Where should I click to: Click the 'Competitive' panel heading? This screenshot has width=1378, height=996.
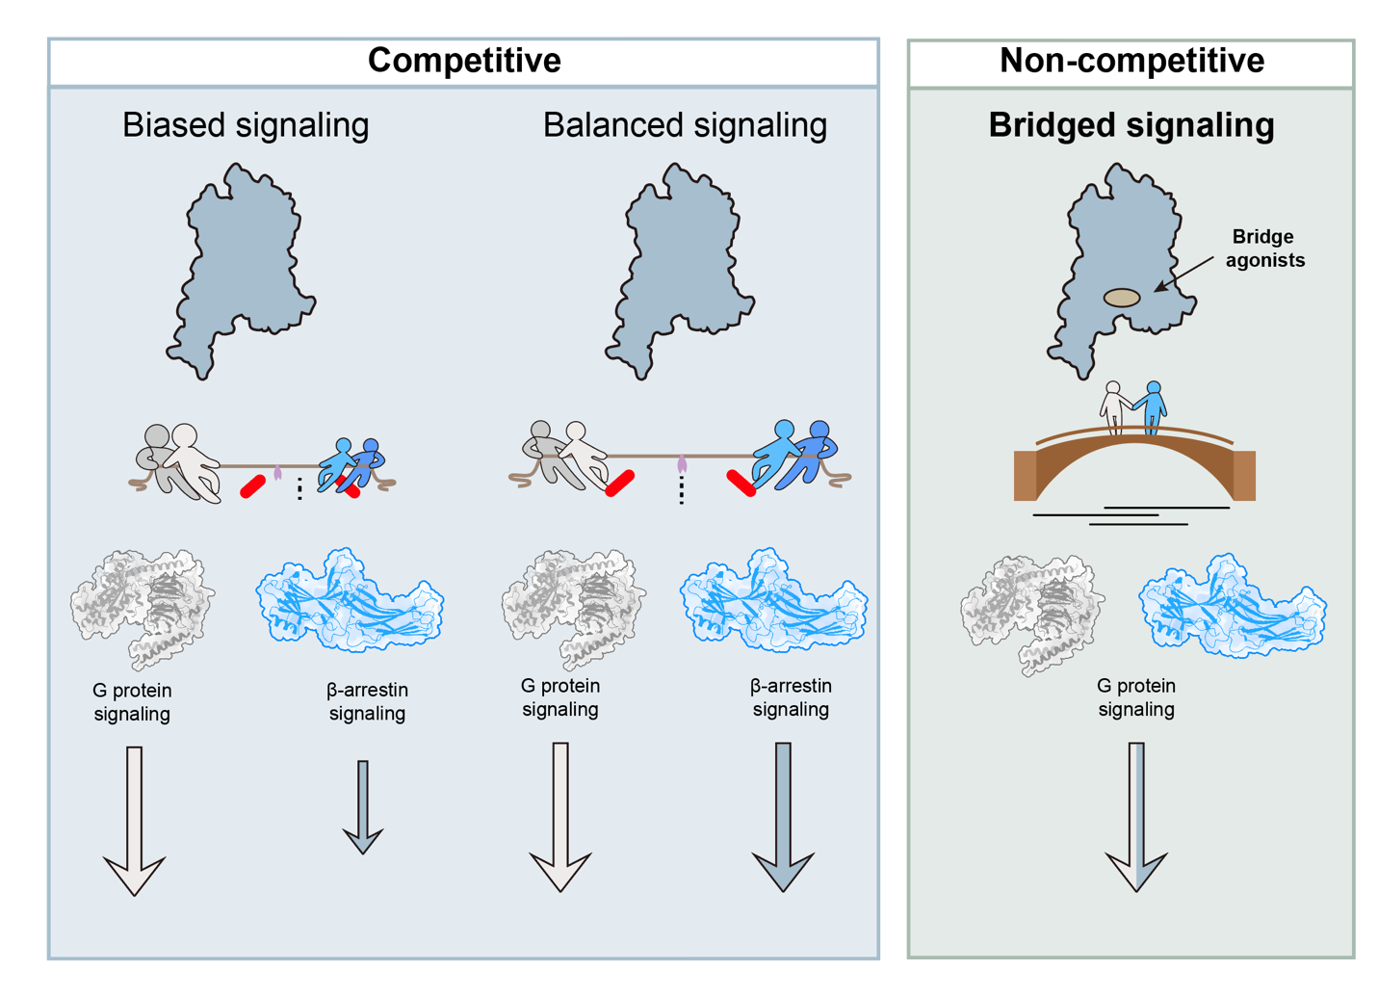(464, 61)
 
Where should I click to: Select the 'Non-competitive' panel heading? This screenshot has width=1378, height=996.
(1131, 61)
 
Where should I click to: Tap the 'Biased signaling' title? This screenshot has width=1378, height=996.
(246, 125)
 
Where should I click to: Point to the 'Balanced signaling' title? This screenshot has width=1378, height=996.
(685, 125)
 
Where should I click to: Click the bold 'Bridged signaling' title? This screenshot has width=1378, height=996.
(1131, 125)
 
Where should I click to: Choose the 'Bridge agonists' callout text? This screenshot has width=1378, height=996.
(1263, 249)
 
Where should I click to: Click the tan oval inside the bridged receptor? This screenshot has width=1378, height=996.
(1121, 298)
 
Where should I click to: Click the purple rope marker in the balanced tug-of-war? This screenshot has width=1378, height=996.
(682, 465)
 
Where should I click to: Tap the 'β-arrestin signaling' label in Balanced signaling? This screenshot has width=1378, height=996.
(791, 697)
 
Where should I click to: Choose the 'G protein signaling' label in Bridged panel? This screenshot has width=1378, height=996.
(1136, 697)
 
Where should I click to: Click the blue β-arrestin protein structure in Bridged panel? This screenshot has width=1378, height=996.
(1233, 606)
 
